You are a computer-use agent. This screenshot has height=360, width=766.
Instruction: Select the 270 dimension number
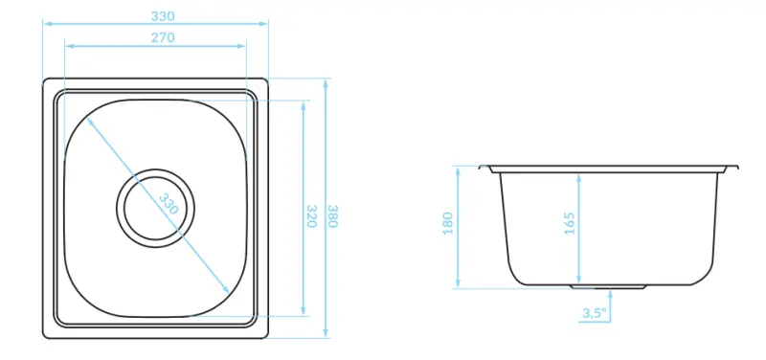click(162, 37)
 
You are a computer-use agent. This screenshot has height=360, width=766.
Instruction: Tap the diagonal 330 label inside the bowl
click(169, 205)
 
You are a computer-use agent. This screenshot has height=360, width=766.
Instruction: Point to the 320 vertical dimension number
click(311, 214)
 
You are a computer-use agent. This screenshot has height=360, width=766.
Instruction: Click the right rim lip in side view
click(733, 169)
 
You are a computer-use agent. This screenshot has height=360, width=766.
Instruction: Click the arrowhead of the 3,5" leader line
click(610, 293)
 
